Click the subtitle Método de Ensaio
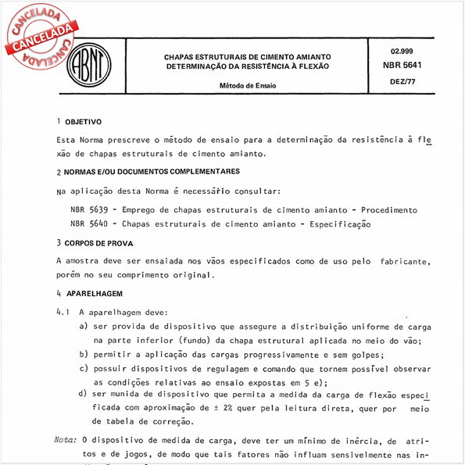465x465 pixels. coord(246,86)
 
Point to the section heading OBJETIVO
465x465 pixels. coord(82,123)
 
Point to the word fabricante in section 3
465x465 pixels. coord(405,260)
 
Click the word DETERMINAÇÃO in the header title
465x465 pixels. coord(198,67)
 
